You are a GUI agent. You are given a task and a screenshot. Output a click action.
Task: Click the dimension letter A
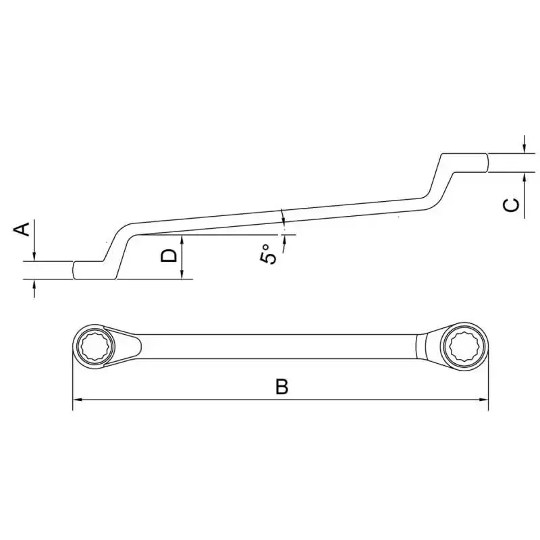(22, 230)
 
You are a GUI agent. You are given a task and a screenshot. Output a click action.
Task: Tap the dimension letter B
(281, 386)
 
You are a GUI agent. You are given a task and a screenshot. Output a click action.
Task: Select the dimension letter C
(511, 205)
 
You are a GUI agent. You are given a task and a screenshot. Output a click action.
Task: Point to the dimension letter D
(169, 256)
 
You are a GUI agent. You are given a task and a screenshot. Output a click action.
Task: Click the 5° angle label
(268, 254)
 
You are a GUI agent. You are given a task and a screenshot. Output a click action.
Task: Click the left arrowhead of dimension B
(78, 400)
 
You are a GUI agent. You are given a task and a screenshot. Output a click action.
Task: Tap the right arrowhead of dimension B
(483, 400)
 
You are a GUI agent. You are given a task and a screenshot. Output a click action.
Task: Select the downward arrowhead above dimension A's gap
(34, 256)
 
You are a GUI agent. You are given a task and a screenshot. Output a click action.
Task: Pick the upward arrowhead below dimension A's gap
(34, 283)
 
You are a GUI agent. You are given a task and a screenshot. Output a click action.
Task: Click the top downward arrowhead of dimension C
(524, 148)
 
